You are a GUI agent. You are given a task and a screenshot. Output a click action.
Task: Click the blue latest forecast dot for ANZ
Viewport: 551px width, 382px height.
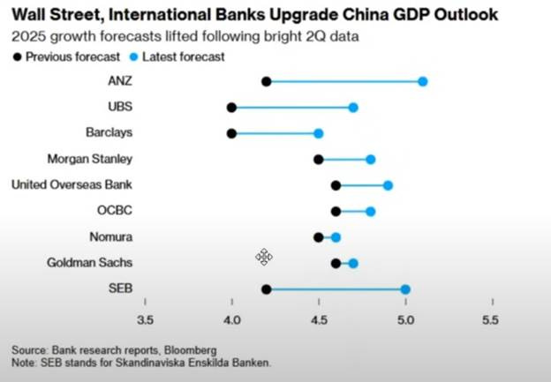coord(423,81)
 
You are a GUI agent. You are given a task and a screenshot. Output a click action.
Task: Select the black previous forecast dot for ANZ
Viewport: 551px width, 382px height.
coord(267,81)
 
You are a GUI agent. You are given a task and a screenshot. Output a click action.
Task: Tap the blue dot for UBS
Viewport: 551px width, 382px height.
coord(353,108)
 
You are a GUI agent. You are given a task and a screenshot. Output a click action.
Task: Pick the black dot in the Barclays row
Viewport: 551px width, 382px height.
coord(231,133)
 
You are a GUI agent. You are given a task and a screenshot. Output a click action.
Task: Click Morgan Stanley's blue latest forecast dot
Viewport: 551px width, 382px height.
coord(371,160)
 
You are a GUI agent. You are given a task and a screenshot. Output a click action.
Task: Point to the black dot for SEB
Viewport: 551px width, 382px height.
coord(267,289)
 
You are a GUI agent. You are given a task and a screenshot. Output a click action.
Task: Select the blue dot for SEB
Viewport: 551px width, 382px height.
coord(405,289)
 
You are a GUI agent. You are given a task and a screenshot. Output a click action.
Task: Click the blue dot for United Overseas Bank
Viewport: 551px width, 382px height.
coord(388,185)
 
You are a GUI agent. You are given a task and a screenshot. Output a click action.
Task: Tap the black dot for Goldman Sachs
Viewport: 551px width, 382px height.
coord(336,263)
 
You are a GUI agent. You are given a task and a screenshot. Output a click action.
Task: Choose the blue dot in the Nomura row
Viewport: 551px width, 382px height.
coord(336,237)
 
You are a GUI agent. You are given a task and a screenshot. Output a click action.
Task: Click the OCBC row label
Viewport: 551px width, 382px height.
coord(115,211)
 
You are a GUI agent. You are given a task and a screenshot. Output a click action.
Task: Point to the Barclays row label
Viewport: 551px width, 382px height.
coord(110,133)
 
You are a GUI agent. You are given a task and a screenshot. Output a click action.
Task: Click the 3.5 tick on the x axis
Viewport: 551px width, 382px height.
coord(145,319)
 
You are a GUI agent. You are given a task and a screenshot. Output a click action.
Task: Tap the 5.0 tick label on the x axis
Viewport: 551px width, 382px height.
coord(405,319)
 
